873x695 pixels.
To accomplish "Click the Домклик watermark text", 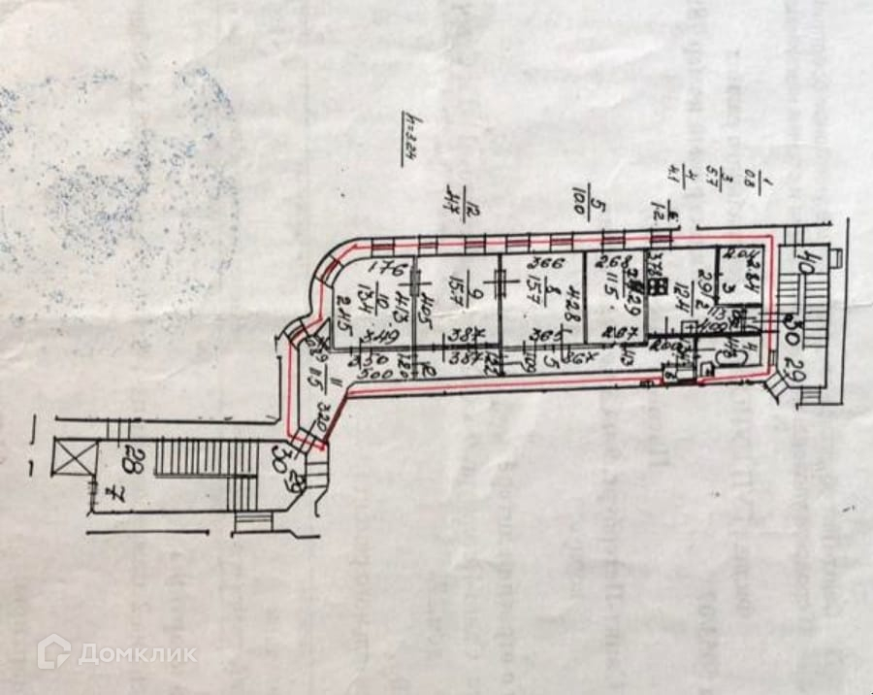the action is [x=137, y=653].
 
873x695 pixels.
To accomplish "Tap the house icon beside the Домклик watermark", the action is [x=54, y=651].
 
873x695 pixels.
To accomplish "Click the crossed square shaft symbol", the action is [x=71, y=459].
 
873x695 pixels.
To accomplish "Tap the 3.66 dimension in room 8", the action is [x=540, y=263].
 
